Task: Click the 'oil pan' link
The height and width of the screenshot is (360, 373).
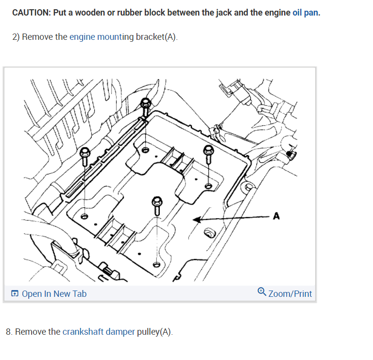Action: pos(306,12)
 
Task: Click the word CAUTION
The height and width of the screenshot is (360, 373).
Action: pos(30,12)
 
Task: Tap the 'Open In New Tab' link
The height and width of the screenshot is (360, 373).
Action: pos(54,293)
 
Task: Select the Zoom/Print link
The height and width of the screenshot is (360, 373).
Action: pos(290,293)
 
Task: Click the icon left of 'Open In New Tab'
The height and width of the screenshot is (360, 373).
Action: pos(15,293)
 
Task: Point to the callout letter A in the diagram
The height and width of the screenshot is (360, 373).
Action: pos(276,216)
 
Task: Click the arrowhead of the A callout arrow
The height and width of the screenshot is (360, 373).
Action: pos(196,220)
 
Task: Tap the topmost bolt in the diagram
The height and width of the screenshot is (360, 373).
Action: pos(145,103)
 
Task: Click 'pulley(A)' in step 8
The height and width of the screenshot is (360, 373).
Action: pos(158,332)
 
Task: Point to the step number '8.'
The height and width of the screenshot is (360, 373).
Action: pos(9,332)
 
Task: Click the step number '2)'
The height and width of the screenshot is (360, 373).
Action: pos(16,37)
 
